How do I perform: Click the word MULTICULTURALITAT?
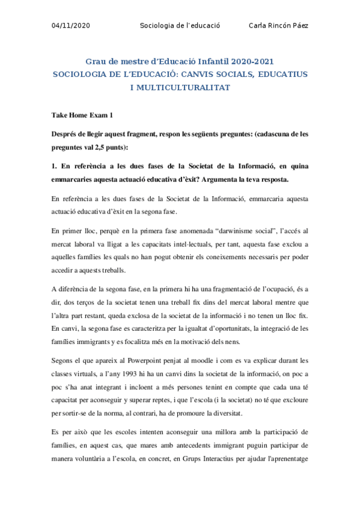click(x=185, y=87)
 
